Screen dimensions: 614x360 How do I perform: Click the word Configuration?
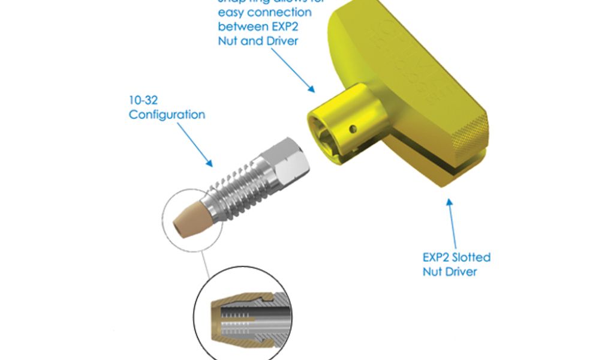point(167,114)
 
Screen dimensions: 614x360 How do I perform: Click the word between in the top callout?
point(239,26)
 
